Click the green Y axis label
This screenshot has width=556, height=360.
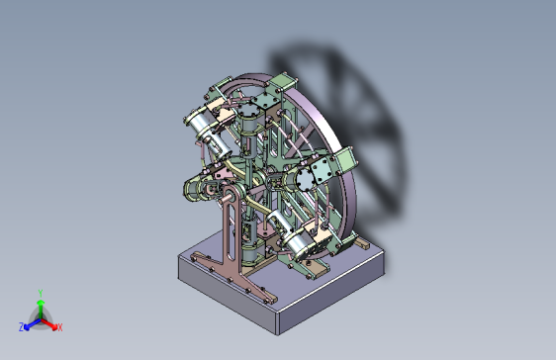41,293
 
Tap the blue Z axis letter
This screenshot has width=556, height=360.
22,326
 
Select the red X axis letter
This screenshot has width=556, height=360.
60,327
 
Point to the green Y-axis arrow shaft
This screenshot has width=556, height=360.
41,310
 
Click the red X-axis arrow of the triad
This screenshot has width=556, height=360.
48,323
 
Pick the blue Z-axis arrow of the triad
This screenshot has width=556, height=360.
33,323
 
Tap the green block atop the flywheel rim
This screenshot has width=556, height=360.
282,84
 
